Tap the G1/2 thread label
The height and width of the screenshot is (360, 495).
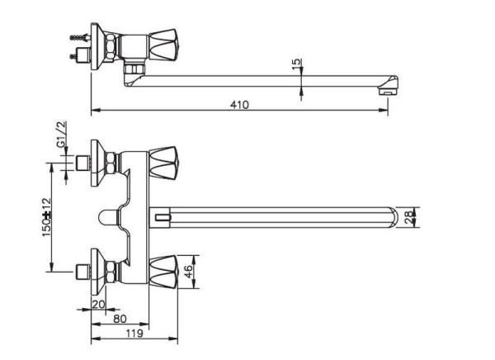tap(60, 135)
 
